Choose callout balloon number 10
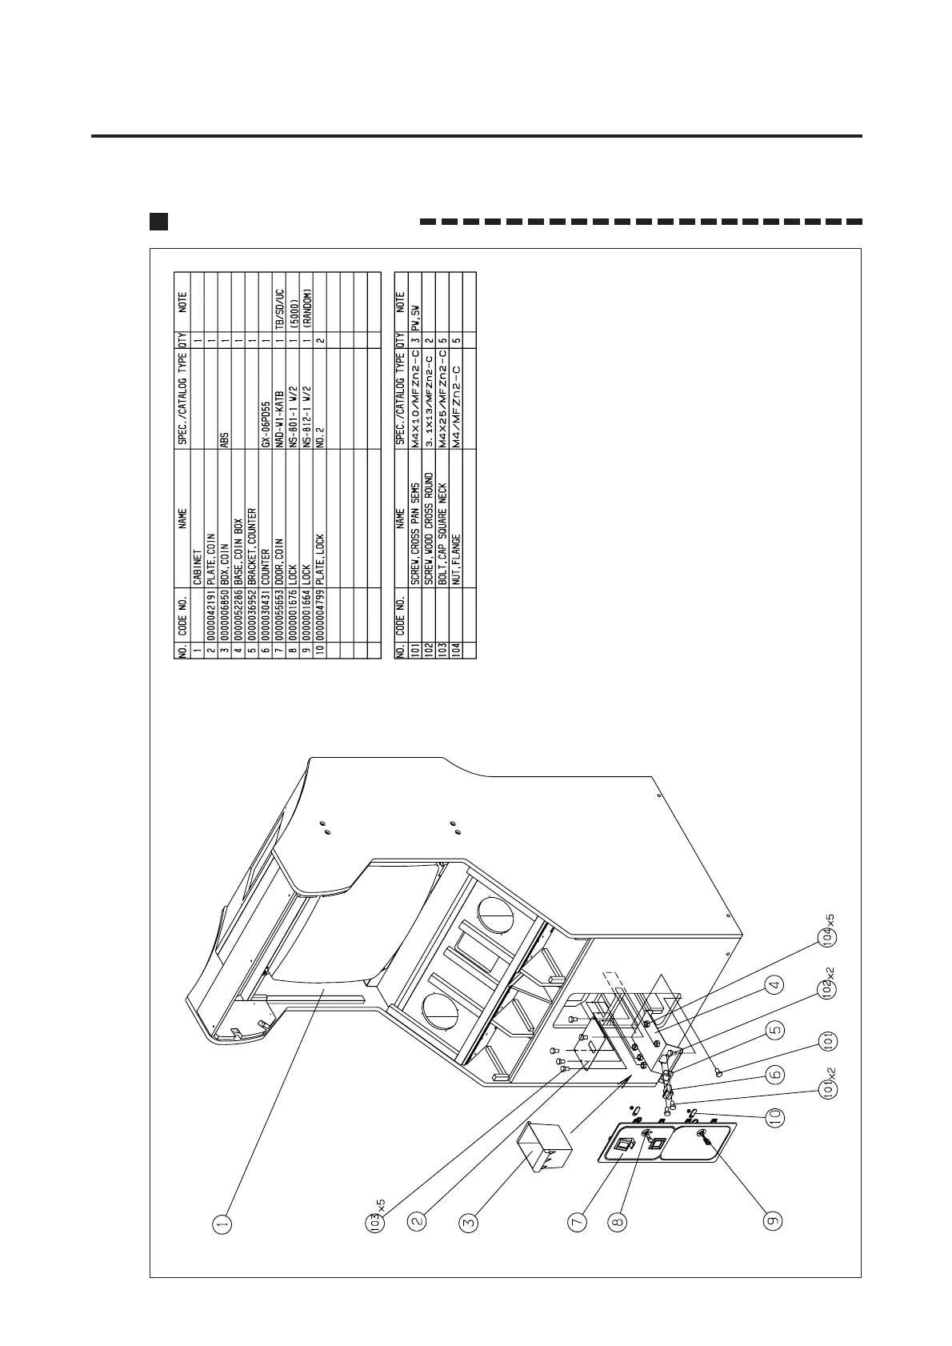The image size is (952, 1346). tap(773, 1117)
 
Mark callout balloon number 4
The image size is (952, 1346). tap(773, 986)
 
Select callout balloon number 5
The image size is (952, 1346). tap(773, 1031)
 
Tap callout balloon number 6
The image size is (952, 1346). tap(773, 1076)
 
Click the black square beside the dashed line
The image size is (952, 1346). tap(158, 221)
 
